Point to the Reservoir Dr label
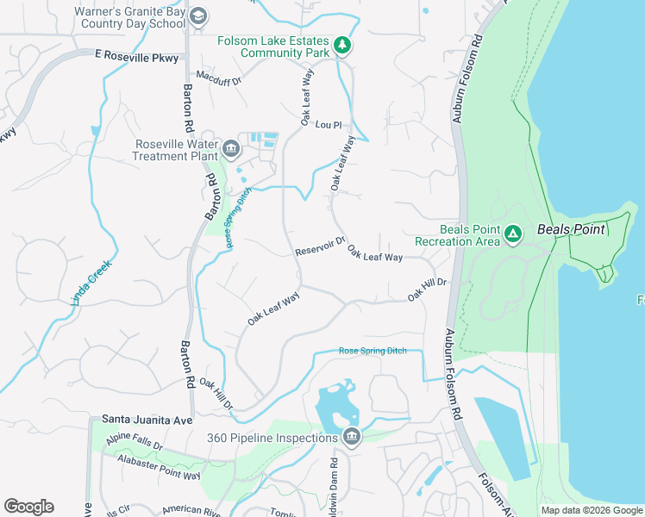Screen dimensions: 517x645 point(319,246)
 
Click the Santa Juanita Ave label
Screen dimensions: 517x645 point(147,419)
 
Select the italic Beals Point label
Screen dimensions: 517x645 point(571,230)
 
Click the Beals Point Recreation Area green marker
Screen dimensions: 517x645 point(513,234)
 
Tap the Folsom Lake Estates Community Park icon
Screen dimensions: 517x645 point(342,45)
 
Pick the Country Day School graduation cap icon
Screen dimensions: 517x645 point(198,16)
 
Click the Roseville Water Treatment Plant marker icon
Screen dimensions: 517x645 point(230,149)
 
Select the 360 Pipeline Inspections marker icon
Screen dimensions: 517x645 point(351,437)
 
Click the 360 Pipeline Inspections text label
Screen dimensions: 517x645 point(271,438)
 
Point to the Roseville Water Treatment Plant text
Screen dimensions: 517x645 point(176,150)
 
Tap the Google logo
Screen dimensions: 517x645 point(28,506)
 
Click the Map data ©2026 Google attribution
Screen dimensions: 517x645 point(592,510)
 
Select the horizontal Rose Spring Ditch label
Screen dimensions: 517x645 point(373,352)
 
